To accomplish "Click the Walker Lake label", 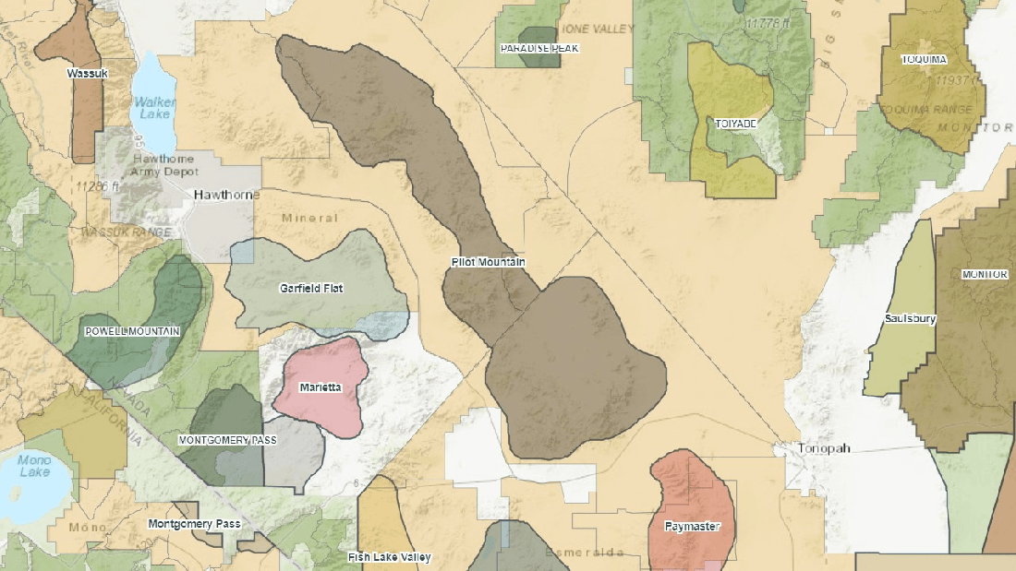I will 153,108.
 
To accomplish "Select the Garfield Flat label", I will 311,289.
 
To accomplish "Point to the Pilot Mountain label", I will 488,263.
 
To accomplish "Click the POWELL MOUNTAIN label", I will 132,331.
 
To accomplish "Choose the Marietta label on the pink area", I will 321,388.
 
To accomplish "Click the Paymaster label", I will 692,528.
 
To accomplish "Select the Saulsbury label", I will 910,319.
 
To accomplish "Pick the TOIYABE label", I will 736,123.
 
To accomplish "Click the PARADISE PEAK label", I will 539,48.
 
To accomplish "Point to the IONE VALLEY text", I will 599,30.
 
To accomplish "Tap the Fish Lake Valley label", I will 389,557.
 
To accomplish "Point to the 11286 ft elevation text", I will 99,186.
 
